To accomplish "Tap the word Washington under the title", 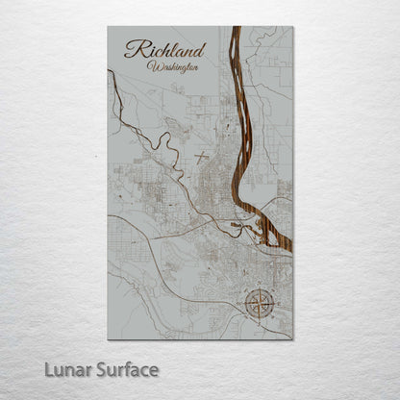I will click(x=175, y=66).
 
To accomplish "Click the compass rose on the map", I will click(x=258, y=304).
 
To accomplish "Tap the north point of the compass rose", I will click(x=258, y=288).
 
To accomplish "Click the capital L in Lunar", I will click(x=49, y=369).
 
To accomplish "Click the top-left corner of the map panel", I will click(x=108, y=27).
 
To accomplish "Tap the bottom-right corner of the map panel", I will click(x=292, y=338).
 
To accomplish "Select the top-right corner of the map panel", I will click(x=292, y=27).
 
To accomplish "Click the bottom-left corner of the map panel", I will click(x=108, y=338).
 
